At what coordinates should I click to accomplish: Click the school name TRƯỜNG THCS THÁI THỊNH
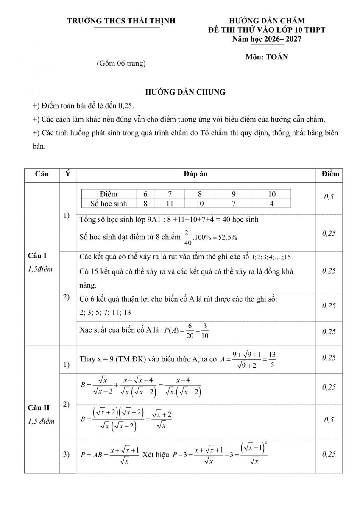pos(121,21)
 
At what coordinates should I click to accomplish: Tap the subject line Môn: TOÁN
pos(266,57)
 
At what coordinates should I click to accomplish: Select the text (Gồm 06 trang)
pos(121,64)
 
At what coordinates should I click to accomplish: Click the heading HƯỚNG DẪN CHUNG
pos(185,92)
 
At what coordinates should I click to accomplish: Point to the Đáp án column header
pos(195,174)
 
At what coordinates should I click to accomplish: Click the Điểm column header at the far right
pos(330,174)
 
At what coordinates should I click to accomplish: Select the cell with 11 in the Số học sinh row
pos(170,203)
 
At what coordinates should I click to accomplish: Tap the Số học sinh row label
pos(109,203)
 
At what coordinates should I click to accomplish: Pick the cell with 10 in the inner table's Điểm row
pos(272,194)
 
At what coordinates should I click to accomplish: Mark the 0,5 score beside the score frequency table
pos(329,197)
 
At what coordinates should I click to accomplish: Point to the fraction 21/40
pos(188,238)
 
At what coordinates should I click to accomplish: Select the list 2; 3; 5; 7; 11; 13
pos(105,312)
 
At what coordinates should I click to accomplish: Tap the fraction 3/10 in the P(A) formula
pos(205,331)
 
